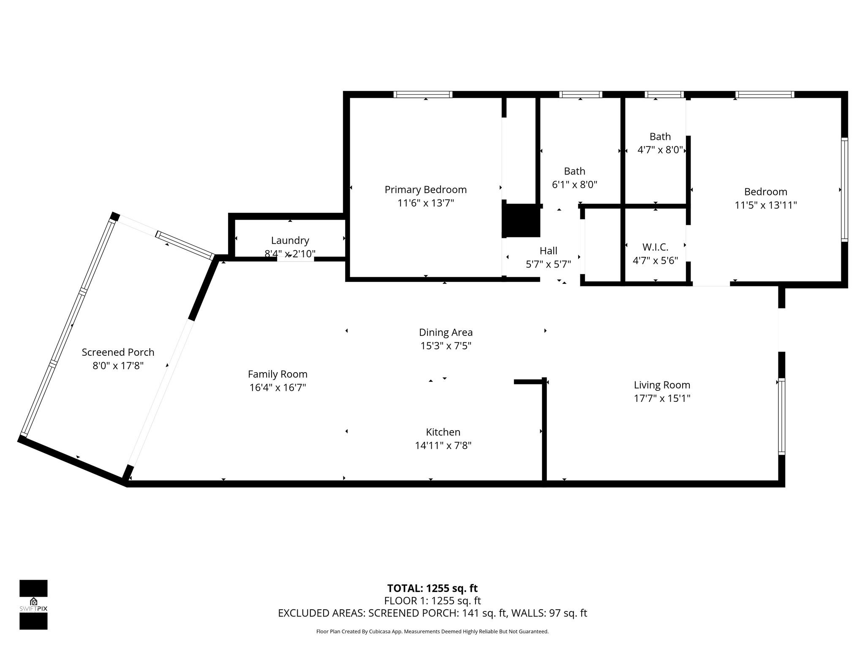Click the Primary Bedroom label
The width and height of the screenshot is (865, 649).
(x=425, y=190)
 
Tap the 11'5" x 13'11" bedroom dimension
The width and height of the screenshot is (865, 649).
(x=765, y=205)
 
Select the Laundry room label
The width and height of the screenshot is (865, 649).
(x=290, y=240)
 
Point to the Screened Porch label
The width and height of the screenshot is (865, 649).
(x=118, y=352)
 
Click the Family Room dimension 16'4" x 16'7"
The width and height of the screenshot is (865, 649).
(x=277, y=387)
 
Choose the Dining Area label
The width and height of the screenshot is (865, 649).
(x=446, y=333)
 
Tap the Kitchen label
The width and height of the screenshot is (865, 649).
(x=443, y=432)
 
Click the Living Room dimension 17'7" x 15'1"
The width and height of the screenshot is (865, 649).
(x=662, y=398)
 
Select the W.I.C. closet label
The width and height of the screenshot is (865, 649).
(x=655, y=247)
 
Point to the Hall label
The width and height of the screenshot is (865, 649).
(x=548, y=251)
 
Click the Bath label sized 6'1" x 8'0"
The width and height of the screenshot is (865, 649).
(x=574, y=171)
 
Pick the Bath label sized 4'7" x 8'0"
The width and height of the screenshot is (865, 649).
(x=660, y=136)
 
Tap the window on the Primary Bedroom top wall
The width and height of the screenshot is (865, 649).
(x=423, y=95)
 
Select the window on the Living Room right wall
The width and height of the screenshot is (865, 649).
(x=781, y=417)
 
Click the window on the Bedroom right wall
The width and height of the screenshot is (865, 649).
(x=844, y=190)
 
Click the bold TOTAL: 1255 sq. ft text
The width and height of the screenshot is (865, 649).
(x=432, y=588)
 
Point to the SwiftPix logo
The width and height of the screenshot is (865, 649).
(x=33, y=604)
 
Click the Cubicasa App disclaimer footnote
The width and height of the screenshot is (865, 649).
(x=432, y=632)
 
